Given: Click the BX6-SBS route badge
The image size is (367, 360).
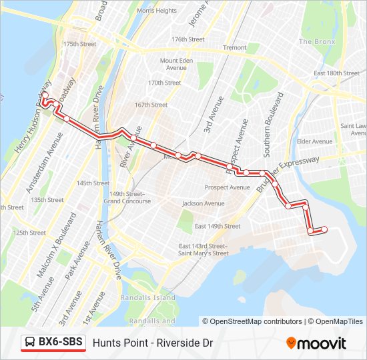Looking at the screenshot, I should (x=53, y=343).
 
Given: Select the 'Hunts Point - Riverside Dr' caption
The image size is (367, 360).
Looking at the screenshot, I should (x=153, y=343).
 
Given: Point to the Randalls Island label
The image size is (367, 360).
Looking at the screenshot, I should (x=147, y=297).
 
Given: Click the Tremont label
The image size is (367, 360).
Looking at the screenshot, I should (x=234, y=48).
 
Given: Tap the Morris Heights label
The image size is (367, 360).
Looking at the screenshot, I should (x=156, y=11).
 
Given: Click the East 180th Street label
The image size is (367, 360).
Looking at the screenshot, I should (x=337, y=73).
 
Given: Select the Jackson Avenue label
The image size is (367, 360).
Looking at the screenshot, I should (x=204, y=203).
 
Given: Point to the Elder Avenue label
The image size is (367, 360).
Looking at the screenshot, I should (x=314, y=141).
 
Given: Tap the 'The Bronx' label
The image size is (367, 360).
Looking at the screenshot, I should (x=315, y=41).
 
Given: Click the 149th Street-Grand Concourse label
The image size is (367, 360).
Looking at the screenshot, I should (x=127, y=197).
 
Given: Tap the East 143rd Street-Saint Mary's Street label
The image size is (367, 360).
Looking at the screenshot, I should (x=204, y=249).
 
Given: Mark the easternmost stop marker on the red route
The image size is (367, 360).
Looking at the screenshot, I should (x=325, y=229).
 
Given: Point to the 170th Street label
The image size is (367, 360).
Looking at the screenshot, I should (x=164, y=83).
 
